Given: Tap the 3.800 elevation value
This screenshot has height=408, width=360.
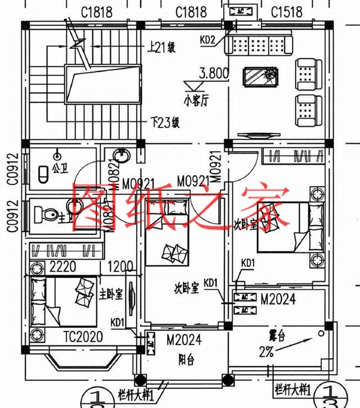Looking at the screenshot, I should [214, 72].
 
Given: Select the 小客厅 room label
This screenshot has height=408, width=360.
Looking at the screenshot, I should [195, 102].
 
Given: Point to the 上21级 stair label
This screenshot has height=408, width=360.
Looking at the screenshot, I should [163, 47].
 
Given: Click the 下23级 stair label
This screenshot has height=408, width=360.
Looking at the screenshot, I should [165, 121].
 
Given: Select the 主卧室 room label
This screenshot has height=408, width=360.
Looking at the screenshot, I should [111, 294].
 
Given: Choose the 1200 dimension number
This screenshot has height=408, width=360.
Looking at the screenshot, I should [120, 265].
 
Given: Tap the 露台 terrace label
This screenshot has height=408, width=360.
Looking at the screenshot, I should [277, 337].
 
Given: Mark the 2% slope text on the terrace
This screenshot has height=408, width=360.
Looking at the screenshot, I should [267, 352].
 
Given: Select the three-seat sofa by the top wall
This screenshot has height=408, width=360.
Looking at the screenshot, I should [260, 42].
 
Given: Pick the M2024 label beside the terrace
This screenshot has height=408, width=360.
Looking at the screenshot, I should [277, 300].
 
